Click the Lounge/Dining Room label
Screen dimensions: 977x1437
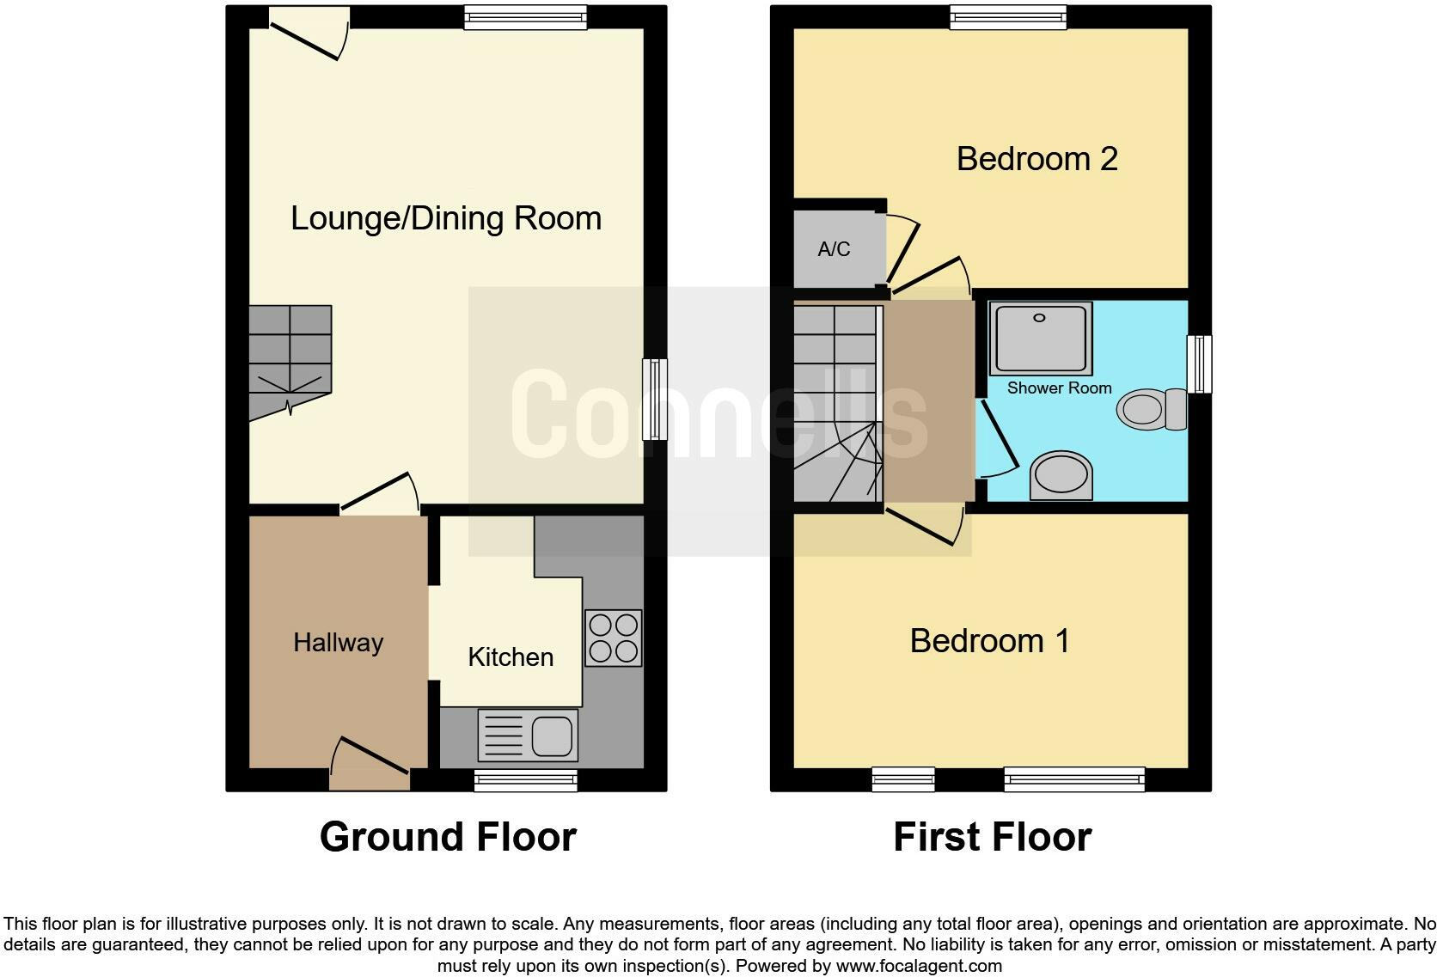(445, 218)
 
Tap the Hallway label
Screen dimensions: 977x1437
(338, 643)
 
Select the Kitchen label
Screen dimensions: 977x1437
(510, 657)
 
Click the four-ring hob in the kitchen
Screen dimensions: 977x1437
(613, 638)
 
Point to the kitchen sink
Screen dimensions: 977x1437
(528, 735)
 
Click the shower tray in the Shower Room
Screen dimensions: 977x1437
(1040, 338)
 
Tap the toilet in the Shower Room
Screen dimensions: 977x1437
(1151, 409)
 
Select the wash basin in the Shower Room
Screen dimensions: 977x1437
(1061, 474)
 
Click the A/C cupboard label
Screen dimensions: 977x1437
(834, 249)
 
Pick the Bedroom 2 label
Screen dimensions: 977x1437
(1036, 159)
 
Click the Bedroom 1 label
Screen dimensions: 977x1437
(989, 641)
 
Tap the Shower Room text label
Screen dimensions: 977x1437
(1059, 388)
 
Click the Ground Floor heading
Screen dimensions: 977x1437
(448, 837)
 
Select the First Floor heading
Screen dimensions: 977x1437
(992, 837)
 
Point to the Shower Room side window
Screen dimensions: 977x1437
(1199, 364)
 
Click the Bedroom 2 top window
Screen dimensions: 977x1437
(1008, 16)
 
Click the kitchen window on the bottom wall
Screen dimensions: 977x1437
(525, 780)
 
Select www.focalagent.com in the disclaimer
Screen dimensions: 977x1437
(919, 966)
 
